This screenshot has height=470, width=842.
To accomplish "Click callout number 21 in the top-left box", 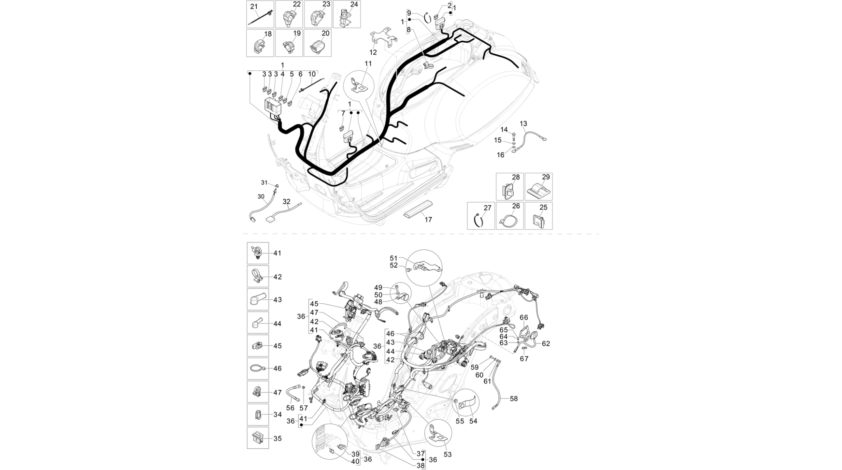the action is [x=254, y=7].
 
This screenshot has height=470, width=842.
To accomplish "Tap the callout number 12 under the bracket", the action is [x=373, y=52].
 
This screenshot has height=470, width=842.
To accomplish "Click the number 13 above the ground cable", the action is [x=523, y=123].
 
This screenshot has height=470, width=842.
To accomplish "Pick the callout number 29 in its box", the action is [x=546, y=177].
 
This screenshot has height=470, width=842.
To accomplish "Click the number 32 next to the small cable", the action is [x=286, y=202].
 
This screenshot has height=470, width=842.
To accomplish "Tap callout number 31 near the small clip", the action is [x=264, y=182].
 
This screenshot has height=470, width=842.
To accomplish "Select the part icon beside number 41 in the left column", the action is [x=257, y=253].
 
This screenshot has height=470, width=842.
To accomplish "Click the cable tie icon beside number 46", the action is [x=257, y=368].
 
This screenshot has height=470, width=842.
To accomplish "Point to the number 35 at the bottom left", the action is [x=278, y=438].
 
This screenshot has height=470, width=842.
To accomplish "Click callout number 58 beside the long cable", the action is [x=514, y=398].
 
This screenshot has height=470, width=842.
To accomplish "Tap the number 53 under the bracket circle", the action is [x=448, y=454].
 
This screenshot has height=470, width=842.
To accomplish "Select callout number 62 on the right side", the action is [x=546, y=343].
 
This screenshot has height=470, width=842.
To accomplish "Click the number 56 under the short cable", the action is [x=290, y=408].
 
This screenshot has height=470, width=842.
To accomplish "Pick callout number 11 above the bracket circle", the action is [x=368, y=63].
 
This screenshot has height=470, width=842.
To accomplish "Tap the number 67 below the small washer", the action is [x=524, y=359].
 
